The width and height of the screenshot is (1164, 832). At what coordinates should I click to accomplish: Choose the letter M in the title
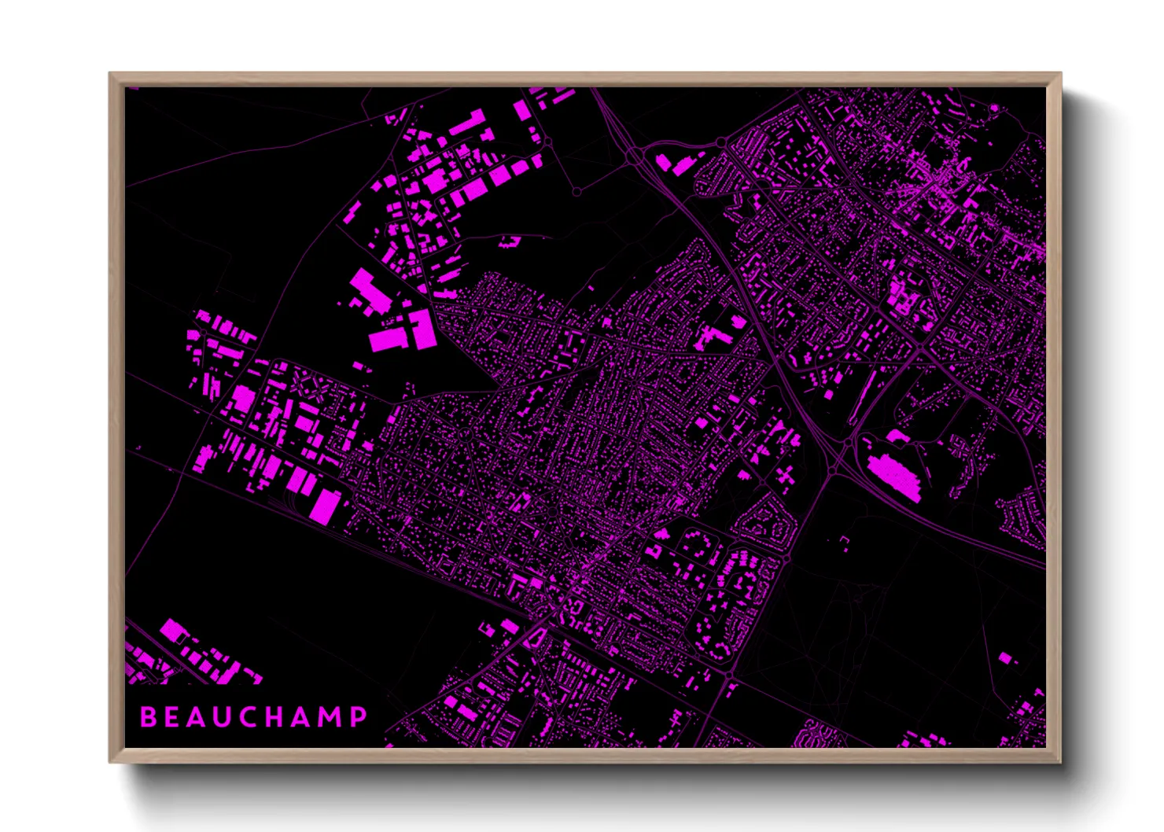tap(332, 716)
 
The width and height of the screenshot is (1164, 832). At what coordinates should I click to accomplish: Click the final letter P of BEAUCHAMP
tap(359, 716)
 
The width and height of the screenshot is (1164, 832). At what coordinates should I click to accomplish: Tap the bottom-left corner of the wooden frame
tap(111, 760)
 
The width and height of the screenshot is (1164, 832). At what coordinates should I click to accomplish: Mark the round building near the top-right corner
tap(994, 107)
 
